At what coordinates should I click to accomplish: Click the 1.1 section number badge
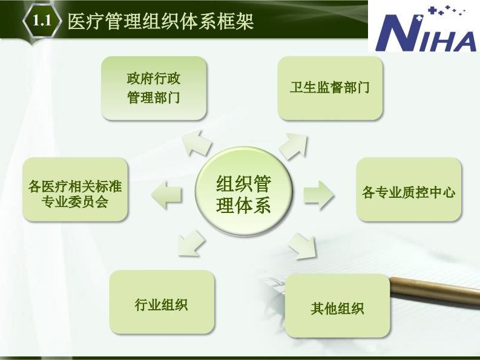click(41, 22)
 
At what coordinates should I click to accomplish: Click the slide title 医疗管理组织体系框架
click(160, 22)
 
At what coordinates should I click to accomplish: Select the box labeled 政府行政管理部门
click(154, 88)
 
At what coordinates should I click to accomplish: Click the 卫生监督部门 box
click(330, 88)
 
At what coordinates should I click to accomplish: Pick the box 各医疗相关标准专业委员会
click(75, 189)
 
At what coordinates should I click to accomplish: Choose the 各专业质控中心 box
click(409, 189)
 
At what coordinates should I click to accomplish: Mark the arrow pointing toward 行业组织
click(192, 243)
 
